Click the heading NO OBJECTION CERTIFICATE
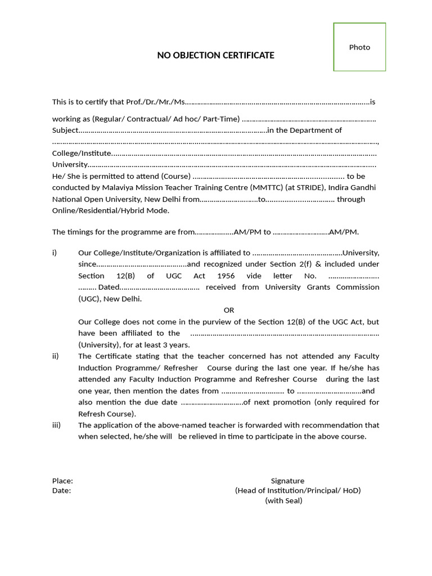(215, 55)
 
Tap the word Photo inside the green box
(359, 47)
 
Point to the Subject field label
(65, 130)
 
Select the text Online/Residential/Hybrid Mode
(110, 210)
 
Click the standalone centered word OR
(228, 310)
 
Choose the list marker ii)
(55, 356)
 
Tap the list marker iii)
(56, 425)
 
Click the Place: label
(62, 481)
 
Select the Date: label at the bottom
(61, 490)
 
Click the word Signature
(287, 481)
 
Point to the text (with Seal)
(283, 501)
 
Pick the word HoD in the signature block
(350, 490)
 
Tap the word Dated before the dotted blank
(108, 287)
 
